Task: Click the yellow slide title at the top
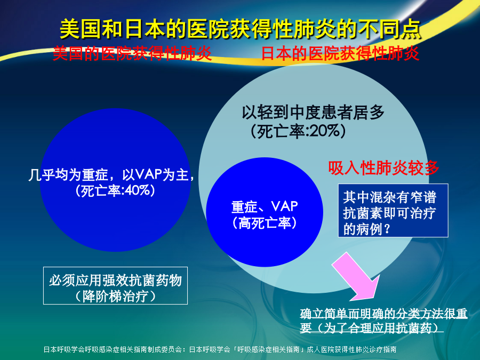pos(241,29)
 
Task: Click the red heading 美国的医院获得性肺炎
pos(132,53)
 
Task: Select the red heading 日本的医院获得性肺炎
pos(340,53)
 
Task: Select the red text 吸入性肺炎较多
pos(383,168)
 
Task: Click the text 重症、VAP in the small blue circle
pos(265,206)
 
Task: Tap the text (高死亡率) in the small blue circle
pos(265,223)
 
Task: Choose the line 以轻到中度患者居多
pos(313,113)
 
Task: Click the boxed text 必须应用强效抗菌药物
pos(115,280)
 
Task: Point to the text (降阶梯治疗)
pos(115,296)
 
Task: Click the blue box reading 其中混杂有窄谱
pos(393,210)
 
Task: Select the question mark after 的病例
pos(388,229)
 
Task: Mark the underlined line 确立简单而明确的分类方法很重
pos(383,314)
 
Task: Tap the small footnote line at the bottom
pos(220,349)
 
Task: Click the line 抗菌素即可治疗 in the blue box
pos(389,213)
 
